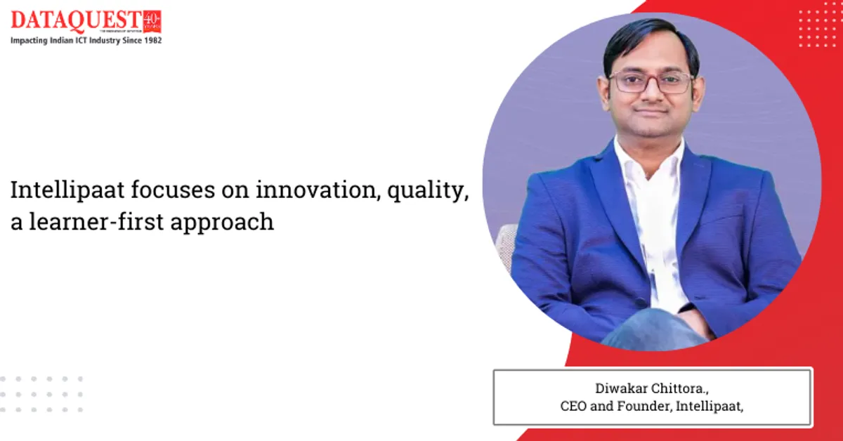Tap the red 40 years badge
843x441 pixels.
(151, 21)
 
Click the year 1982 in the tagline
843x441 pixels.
(152, 41)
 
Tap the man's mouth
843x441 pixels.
(653, 112)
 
